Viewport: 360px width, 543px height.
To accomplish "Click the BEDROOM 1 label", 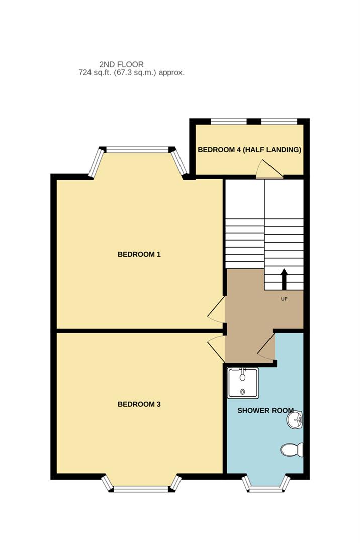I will click(x=139, y=254).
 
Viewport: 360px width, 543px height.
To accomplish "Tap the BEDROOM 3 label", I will click(x=139, y=404).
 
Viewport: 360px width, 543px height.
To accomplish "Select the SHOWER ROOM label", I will click(x=265, y=411).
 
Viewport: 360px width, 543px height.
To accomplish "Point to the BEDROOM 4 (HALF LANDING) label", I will click(x=249, y=150).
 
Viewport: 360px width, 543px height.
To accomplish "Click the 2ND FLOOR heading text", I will click(x=121, y=64).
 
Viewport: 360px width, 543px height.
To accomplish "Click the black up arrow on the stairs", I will click(x=284, y=280).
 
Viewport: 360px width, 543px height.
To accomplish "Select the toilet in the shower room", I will click(x=292, y=449).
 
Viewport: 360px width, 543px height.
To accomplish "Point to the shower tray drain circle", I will click(x=243, y=391).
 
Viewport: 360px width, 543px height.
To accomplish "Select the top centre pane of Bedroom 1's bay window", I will click(x=137, y=149).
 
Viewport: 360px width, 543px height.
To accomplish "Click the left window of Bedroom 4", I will click(x=229, y=121).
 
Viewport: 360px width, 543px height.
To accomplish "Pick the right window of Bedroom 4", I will click(x=279, y=121).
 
